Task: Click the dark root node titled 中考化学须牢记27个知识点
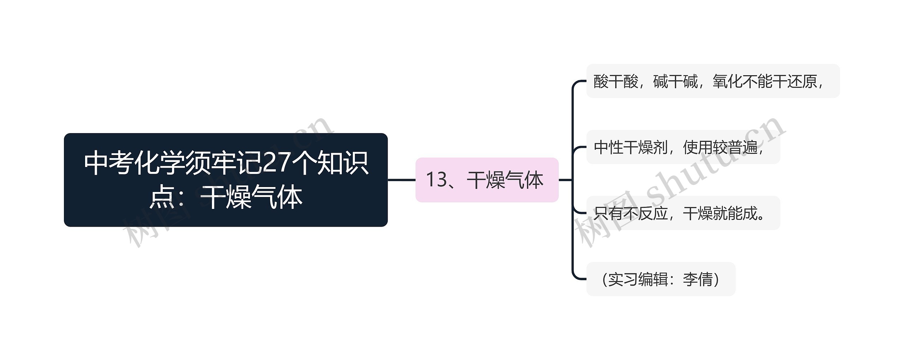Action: pyautogui.click(x=226, y=180)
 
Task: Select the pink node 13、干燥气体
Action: pyautogui.click(x=487, y=180)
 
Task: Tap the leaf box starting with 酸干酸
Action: pyautogui.click(x=713, y=81)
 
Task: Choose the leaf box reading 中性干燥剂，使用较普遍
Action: pyautogui.click(x=683, y=147)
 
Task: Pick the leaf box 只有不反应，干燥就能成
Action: pyautogui.click(x=683, y=213)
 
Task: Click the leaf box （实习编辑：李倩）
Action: pyautogui.click(x=660, y=279)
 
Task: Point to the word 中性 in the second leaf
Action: pyautogui.click(x=608, y=147)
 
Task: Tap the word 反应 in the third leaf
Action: pyautogui.click(x=653, y=213)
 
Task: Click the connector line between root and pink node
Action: pyautogui.click(x=402, y=180)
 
